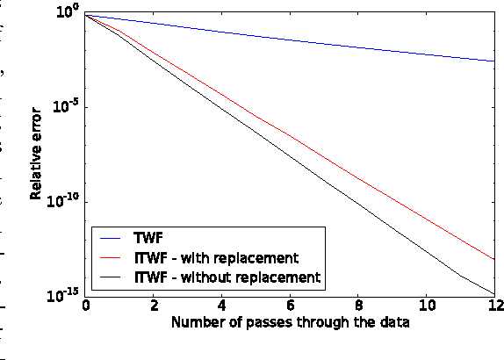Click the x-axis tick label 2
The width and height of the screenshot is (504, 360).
coord(154,306)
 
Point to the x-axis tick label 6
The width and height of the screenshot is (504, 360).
coord(291,306)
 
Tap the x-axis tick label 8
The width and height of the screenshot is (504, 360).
coord(358,306)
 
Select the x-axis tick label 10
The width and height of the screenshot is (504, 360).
coord(426,306)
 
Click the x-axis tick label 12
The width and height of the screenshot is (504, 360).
coord(493,306)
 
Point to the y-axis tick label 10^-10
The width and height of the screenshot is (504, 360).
coord(64,201)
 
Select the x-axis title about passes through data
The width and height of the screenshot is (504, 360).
coord(291,323)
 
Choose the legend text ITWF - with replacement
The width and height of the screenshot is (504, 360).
coord(217,258)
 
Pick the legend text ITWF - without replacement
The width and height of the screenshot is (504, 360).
coord(227,277)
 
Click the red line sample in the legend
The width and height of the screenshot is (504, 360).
coord(112,258)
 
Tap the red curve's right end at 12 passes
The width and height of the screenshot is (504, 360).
coord(494,260)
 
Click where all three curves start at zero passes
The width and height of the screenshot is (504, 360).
coord(86,16)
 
